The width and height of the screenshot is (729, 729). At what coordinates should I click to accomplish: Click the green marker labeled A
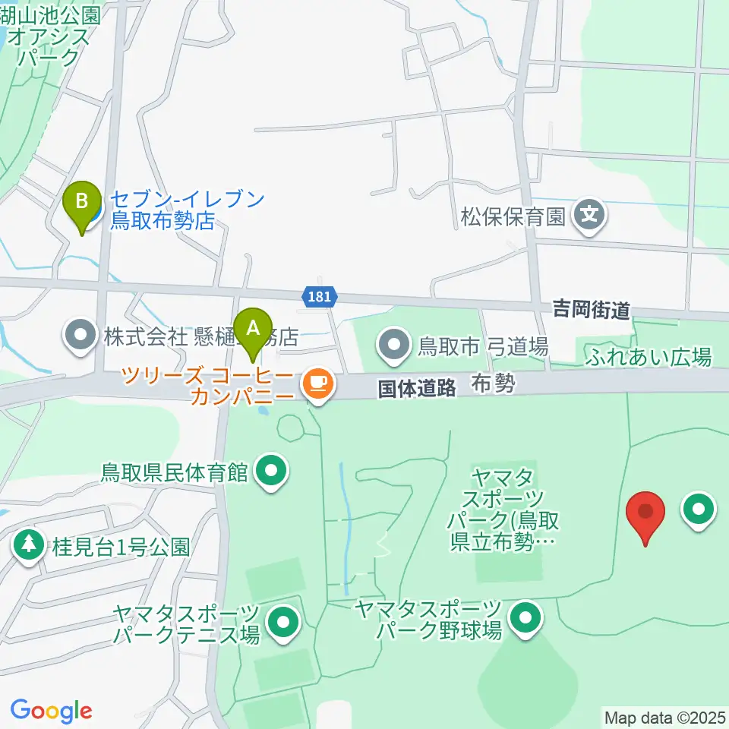(254, 332)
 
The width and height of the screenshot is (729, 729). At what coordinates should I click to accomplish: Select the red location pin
(645, 514)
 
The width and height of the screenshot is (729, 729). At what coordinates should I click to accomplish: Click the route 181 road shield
(320, 296)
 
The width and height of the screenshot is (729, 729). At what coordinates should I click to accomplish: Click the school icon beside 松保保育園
(589, 216)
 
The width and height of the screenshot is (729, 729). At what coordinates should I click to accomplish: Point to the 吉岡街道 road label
(591, 309)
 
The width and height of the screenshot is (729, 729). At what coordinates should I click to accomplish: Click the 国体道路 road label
(417, 388)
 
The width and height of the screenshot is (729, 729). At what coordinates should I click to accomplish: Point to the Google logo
(51, 711)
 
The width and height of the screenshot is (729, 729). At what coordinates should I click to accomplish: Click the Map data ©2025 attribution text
(665, 717)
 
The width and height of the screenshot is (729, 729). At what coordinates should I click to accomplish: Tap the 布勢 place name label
(493, 383)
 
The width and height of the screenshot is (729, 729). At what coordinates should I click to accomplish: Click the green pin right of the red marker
(699, 510)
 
